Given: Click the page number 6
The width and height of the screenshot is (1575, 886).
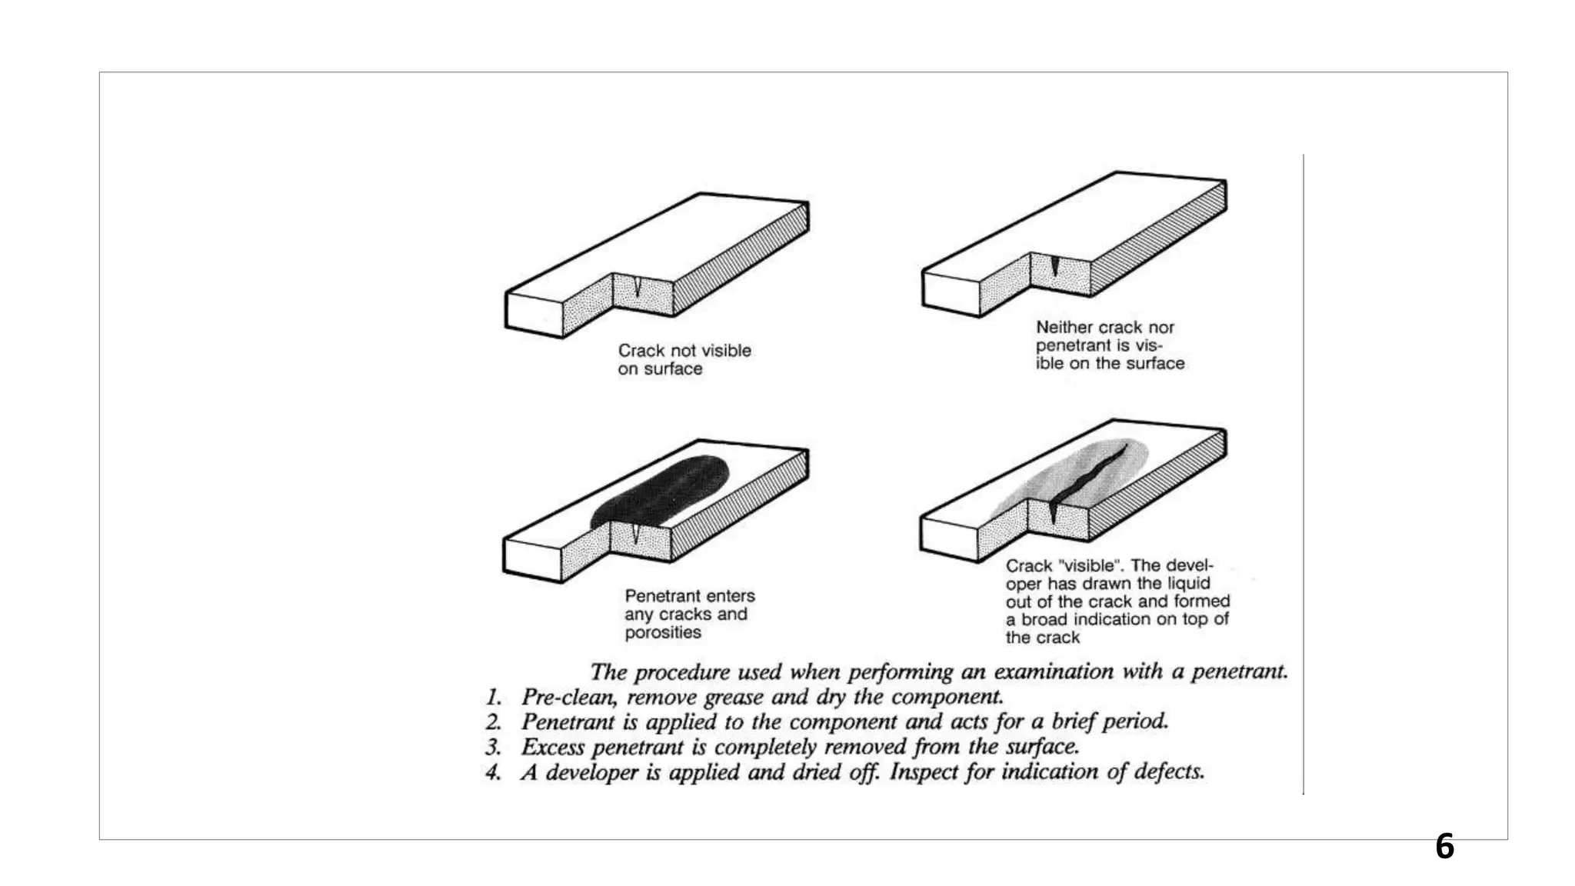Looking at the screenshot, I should click(1444, 847).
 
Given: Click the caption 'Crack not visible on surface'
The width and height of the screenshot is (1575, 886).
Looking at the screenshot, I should click(684, 359).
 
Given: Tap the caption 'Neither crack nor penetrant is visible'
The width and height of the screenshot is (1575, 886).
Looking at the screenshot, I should click(1109, 345).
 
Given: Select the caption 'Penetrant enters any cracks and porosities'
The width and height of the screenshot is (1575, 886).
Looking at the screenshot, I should click(689, 614).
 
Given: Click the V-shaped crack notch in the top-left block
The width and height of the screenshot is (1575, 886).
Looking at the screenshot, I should click(638, 287).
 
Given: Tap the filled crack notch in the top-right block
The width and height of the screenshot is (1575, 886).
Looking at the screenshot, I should click(1055, 266).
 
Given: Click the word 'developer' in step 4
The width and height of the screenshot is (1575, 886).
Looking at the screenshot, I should click(591, 772).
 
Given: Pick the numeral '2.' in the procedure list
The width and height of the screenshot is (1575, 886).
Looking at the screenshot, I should click(493, 722).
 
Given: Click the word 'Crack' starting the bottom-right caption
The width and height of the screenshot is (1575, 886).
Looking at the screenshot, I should click(1028, 566).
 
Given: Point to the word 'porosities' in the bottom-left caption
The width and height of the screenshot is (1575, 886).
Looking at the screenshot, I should click(663, 632).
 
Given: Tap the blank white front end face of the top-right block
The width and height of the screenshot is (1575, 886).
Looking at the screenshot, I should click(950, 293).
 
